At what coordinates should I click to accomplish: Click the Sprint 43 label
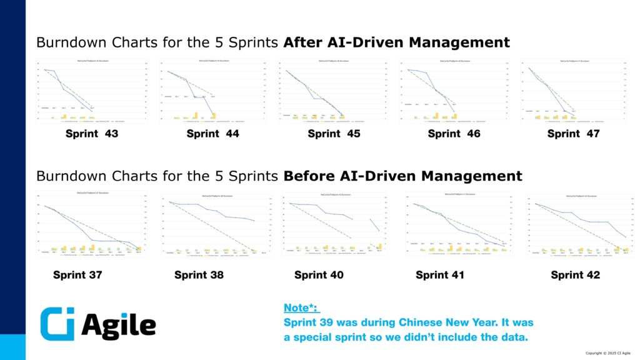tap(92, 133)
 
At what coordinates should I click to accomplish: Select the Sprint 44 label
tap(212, 133)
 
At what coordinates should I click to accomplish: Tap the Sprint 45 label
tap(334, 133)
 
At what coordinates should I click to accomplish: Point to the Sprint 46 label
tap(454, 133)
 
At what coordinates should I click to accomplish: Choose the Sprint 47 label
tap(573, 133)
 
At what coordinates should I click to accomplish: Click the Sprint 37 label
tap(77, 274)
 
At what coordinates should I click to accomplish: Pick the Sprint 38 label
tap(199, 274)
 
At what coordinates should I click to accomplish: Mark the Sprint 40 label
tap(319, 274)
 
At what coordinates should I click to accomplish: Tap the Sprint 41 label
tap(440, 274)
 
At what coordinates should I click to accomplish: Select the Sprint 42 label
tap(575, 274)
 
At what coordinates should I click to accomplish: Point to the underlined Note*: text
tap(301, 307)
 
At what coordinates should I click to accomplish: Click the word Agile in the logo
tap(119, 325)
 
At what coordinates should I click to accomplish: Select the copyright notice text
tap(607, 354)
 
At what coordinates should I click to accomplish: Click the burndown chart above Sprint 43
tap(92, 91)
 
